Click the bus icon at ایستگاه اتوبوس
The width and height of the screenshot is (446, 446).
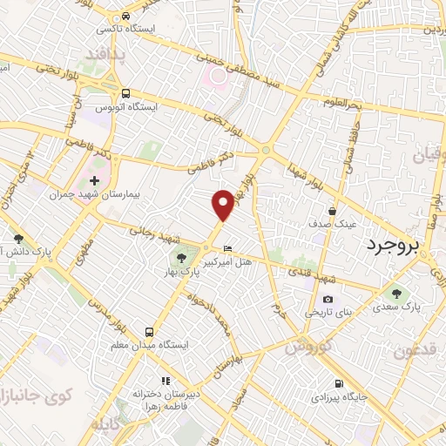[x=126, y=93]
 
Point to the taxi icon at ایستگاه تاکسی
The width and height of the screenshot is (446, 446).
[x=126, y=17]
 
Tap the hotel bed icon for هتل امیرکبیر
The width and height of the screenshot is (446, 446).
[x=228, y=247]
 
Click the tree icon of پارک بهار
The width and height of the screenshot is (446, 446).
[x=180, y=257]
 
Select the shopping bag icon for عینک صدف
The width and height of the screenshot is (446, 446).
[x=332, y=211]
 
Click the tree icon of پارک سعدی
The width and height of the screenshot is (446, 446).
[x=397, y=294]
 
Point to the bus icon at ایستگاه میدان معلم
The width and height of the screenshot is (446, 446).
[x=150, y=331]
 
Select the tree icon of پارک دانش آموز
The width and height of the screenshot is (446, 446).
[x=18, y=238]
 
